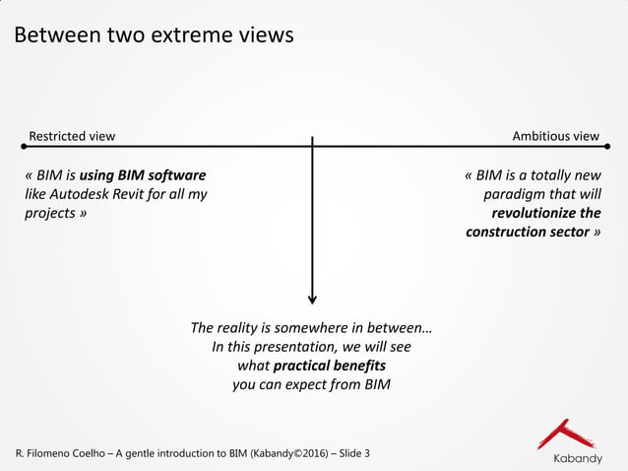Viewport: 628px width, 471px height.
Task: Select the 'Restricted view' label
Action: tap(72, 136)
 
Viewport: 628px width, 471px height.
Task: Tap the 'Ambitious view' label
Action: tap(555, 136)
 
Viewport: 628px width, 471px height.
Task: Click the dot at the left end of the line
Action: tap(21, 147)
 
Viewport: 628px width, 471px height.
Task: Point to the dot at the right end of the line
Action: tap(607, 147)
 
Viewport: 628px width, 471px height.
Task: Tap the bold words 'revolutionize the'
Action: tap(545, 213)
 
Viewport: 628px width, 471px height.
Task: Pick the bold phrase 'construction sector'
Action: tap(527, 232)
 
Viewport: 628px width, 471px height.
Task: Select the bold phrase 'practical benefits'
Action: tap(329, 366)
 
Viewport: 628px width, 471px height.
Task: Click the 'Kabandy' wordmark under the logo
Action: tap(576, 459)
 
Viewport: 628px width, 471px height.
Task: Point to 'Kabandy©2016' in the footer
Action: tap(289, 453)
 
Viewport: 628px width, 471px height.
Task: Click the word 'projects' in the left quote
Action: tap(50, 213)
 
